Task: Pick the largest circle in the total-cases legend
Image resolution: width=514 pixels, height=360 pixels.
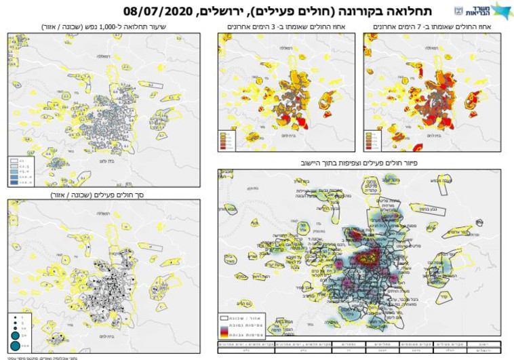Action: pyautogui.click(x=15, y=346)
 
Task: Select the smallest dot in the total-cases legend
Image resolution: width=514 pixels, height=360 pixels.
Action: pyautogui.click(x=15, y=317)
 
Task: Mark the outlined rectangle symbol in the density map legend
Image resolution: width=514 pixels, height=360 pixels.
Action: pyautogui.click(x=225, y=317)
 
